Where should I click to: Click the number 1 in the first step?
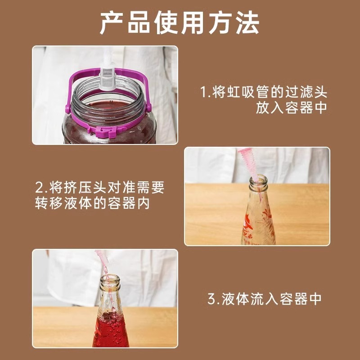tap(203, 93)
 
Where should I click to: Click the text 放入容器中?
tap(292, 108)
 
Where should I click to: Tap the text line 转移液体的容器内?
tap(92, 203)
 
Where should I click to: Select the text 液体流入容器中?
tap(272, 299)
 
